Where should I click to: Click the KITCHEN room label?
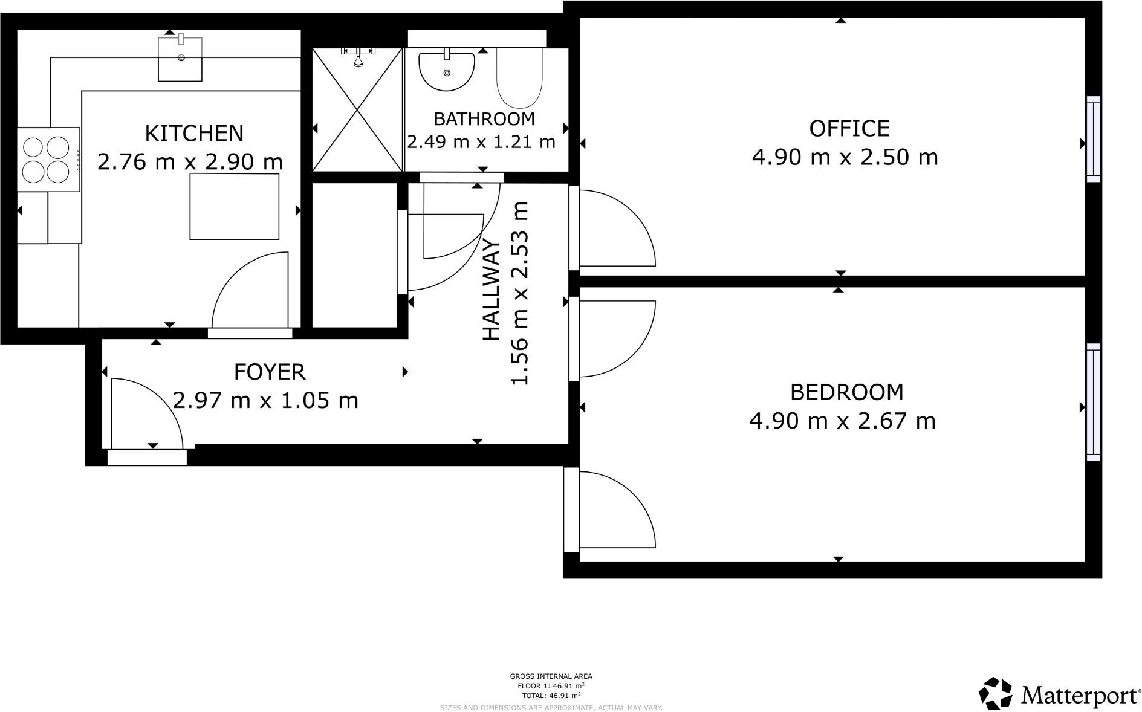(194, 133)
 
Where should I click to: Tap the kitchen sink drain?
(181, 58)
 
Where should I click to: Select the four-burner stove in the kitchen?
(46, 160)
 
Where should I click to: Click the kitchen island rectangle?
(235, 206)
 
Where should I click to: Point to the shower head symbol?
(358, 60)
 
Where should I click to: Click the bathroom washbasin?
(447, 70)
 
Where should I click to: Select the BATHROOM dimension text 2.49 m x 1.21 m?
(481, 142)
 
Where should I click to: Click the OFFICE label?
(849, 129)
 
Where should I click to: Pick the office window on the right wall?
(1093, 139)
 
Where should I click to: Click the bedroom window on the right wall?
(1093, 403)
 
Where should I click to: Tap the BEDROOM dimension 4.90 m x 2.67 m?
(842, 421)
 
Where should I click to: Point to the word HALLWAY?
(491, 290)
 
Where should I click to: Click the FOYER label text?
(269, 372)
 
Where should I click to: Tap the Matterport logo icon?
(995, 693)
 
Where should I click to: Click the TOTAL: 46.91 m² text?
(550, 696)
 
